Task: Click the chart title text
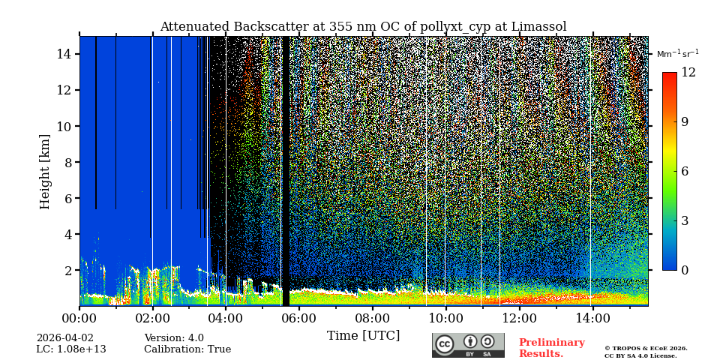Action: click(363, 27)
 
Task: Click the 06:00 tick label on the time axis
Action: click(298, 318)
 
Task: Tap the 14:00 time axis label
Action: click(592, 318)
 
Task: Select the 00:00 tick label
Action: click(80, 318)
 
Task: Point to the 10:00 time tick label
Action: click(445, 318)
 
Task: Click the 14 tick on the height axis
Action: click(64, 54)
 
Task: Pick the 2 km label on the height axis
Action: click(67, 270)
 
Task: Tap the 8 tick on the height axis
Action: click(67, 162)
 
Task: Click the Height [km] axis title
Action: click(45, 171)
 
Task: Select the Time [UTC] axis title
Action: click(363, 335)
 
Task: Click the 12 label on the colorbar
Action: click(688, 73)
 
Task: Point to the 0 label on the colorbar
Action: click(684, 270)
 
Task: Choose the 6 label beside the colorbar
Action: click(684, 171)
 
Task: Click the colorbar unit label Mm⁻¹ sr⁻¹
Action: click(677, 54)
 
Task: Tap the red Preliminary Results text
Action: click(551, 348)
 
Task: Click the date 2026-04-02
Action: click(65, 338)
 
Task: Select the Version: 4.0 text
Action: click(174, 338)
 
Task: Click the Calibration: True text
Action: click(187, 349)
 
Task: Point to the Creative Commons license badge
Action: click(468, 345)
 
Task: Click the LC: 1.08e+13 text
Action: click(71, 349)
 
